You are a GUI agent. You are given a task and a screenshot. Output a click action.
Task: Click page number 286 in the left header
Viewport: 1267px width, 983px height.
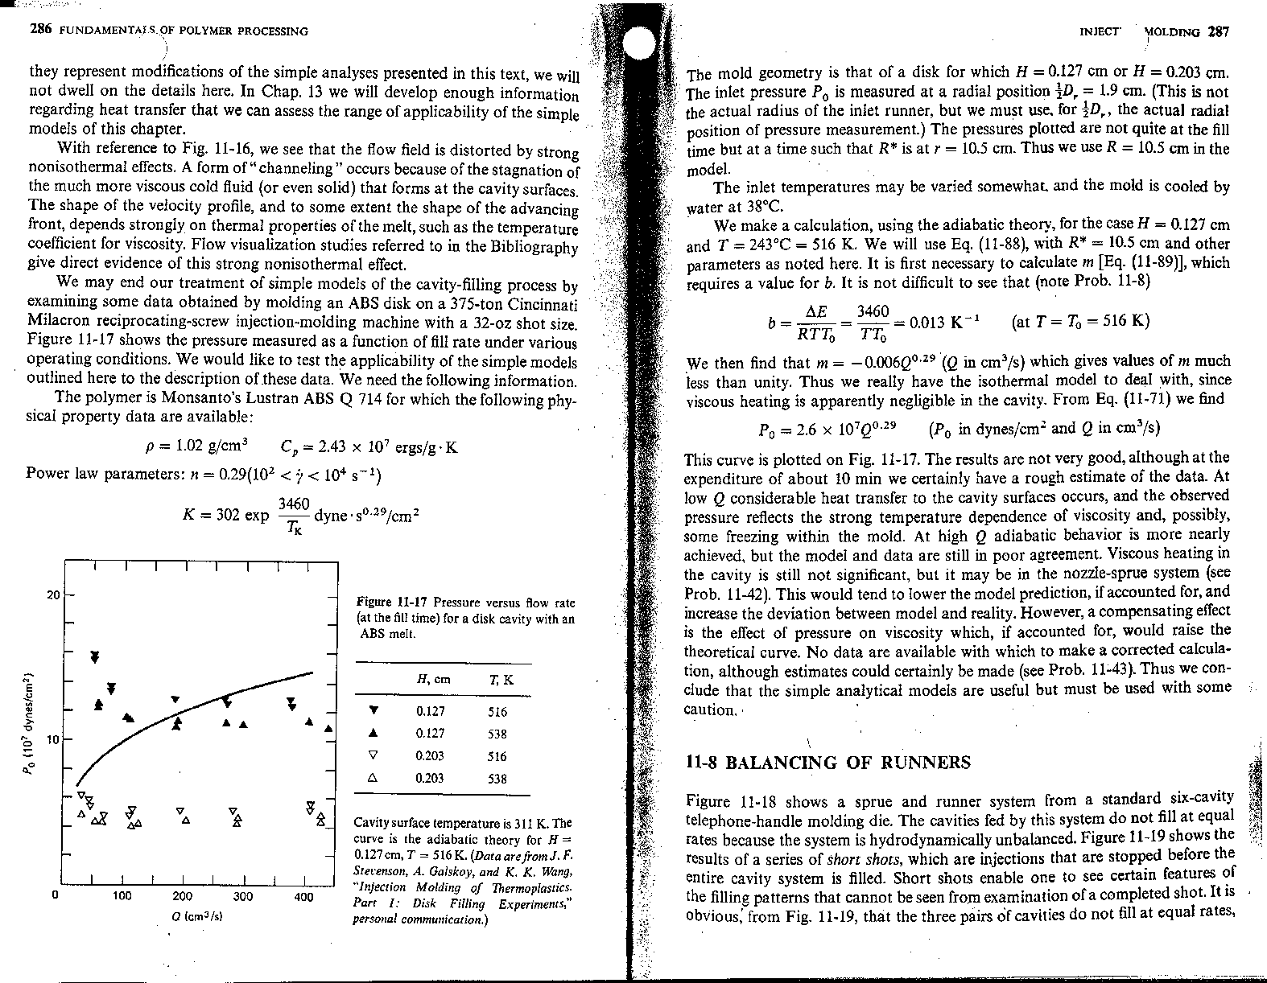pyautogui.click(x=40, y=31)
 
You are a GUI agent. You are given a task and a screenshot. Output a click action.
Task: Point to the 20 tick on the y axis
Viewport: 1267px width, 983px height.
pyautogui.click(x=53, y=595)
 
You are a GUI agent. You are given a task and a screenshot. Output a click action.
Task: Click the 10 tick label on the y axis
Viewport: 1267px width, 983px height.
pyautogui.click(x=47, y=738)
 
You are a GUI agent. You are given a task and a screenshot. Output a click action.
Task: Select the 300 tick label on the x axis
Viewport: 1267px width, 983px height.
pyautogui.click(x=242, y=896)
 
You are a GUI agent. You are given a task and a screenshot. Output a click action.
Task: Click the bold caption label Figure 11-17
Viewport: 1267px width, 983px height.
pyautogui.click(x=392, y=603)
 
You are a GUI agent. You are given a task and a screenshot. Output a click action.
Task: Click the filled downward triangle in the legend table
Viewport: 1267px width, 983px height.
pyautogui.click(x=374, y=711)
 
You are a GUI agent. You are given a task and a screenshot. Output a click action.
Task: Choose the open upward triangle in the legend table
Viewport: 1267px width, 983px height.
pyautogui.click(x=374, y=779)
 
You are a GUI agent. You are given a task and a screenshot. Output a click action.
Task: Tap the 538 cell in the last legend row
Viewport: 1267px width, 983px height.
pyautogui.click(x=497, y=779)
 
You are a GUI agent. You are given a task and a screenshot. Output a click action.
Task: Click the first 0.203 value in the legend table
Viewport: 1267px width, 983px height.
pyautogui.click(x=432, y=756)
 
